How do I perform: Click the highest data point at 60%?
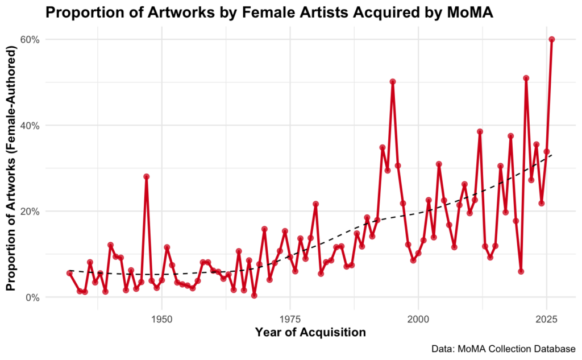coord(551,39)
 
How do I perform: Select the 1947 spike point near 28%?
coord(146,176)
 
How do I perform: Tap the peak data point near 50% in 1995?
coord(392,82)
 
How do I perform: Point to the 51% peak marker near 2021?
coord(526,78)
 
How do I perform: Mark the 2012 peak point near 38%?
coord(480,131)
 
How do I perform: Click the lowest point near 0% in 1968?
coord(254,295)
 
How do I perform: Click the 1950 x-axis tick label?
coord(162,317)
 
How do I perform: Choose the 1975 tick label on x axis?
coord(290,317)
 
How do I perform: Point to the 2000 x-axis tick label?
coord(418,317)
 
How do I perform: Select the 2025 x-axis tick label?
coord(546,317)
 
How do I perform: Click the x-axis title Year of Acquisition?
coord(310,332)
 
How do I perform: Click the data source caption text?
coord(504,348)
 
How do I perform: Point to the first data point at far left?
coord(69,273)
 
